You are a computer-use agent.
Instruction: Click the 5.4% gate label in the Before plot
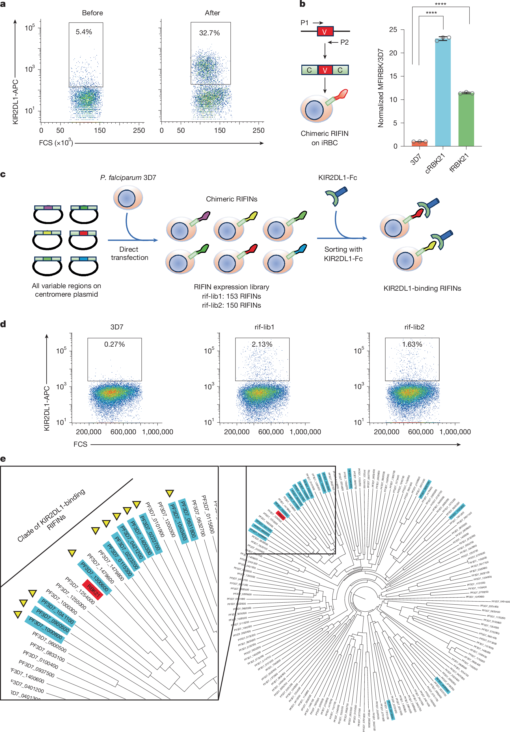[x=84, y=32]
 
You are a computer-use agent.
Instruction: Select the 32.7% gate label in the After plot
[x=209, y=33]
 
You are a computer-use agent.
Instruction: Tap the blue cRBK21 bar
[x=443, y=92]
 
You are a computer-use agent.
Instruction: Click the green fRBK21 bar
[x=466, y=119]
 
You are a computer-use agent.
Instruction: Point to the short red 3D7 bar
[x=420, y=144]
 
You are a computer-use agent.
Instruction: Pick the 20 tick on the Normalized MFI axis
[x=393, y=53]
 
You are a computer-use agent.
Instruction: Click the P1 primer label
[x=304, y=23]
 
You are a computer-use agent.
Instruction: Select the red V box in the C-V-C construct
[x=325, y=70]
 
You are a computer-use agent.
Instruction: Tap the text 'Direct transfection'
[x=129, y=253]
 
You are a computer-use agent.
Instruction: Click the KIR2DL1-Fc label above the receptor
[x=338, y=178]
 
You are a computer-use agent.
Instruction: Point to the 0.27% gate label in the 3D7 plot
[x=114, y=344]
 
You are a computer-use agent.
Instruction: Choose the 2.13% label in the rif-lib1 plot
[x=262, y=344]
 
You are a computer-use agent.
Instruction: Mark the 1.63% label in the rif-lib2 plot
[x=412, y=344]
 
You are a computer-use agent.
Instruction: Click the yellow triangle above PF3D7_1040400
[x=169, y=494]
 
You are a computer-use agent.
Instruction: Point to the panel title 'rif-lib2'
[x=414, y=327]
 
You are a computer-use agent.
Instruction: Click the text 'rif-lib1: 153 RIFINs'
[x=231, y=296]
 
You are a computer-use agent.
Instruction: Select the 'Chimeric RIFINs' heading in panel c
[x=232, y=199]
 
